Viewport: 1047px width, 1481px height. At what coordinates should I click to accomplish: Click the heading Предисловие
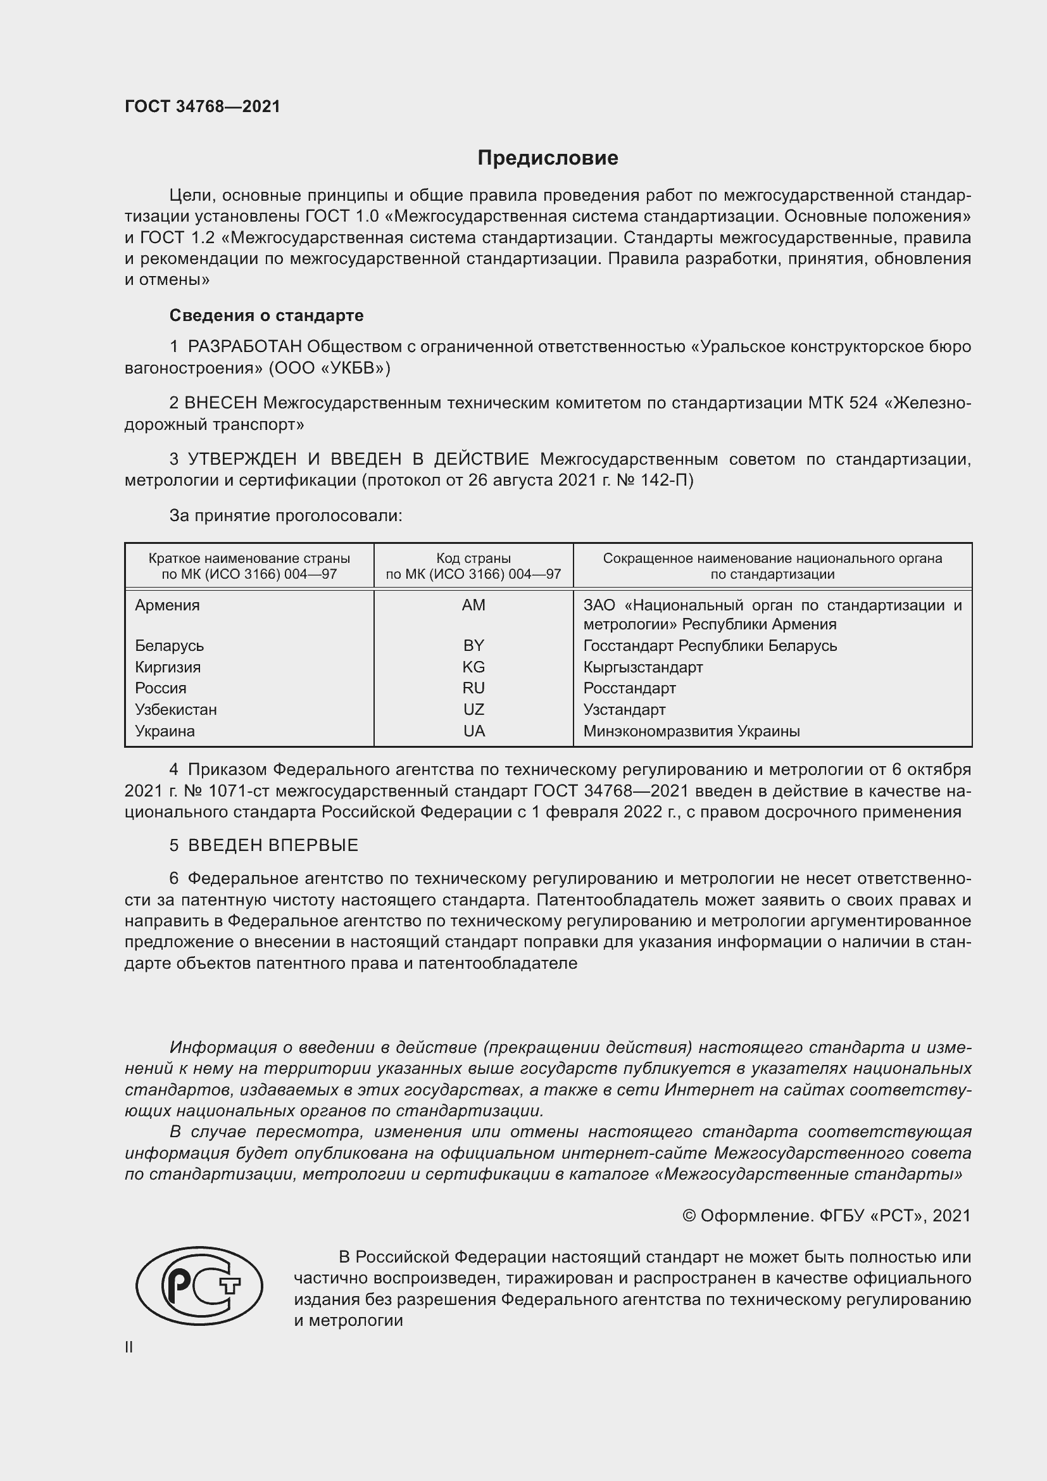tap(548, 158)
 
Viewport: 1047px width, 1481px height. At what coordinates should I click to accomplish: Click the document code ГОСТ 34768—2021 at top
tap(203, 106)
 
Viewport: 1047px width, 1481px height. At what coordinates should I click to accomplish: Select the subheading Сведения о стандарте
tap(266, 315)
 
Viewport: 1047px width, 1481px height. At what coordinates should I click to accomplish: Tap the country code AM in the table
tap(473, 605)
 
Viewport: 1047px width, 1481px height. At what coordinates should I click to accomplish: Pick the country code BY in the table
tap(473, 646)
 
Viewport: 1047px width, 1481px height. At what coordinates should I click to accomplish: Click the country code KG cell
tap(473, 667)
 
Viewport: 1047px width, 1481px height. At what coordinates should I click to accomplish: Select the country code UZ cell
tap(473, 710)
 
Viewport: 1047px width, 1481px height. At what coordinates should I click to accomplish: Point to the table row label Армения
tap(167, 605)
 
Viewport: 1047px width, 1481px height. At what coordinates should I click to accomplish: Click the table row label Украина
tap(165, 731)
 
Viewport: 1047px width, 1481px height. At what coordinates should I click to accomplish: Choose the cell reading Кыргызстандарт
tap(643, 667)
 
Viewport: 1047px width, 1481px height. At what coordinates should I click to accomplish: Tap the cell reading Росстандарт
tap(629, 688)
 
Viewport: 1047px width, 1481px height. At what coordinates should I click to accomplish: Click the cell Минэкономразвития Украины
tap(691, 731)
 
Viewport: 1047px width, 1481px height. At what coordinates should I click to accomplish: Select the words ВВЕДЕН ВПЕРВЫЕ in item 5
tap(273, 846)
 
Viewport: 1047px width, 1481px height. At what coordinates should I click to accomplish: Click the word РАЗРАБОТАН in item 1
tap(244, 347)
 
